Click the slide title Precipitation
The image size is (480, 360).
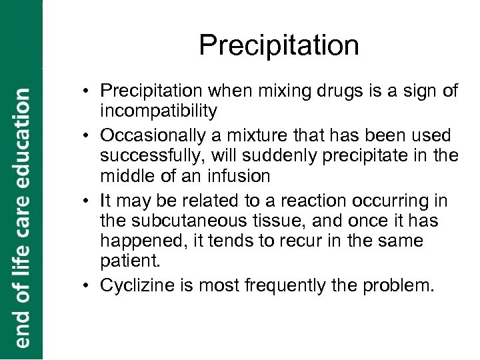(279, 46)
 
